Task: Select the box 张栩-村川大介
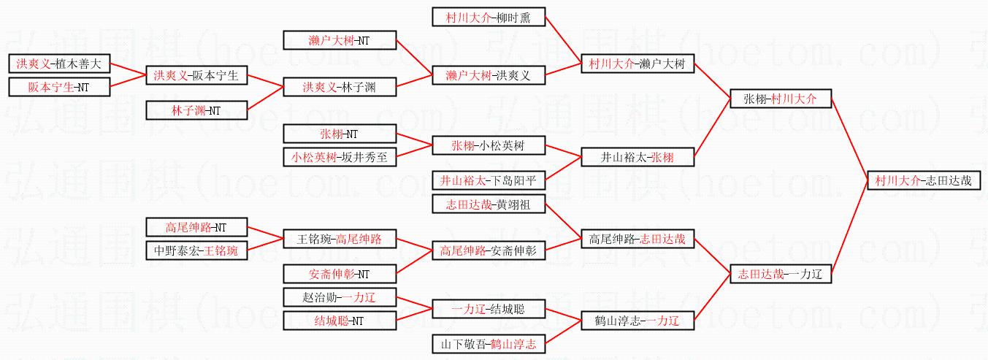tap(781, 99)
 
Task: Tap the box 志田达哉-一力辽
tap(781, 274)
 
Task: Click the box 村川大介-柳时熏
tap(489, 18)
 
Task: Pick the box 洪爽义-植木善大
tap(59, 64)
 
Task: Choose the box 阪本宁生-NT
tap(59, 88)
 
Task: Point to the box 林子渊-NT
tap(196, 111)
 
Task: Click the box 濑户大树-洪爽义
tap(489, 75)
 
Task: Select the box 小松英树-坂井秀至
tap(340, 157)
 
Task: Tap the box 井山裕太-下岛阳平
tap(489, 180)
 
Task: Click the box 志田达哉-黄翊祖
tap(489, 204)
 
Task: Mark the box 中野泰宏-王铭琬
tap(196, 250)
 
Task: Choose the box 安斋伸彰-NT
tap(340, 274)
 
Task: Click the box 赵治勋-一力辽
tap(340, 297)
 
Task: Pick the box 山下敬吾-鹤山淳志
tap(489, 344)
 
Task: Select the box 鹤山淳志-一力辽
tap(637, 321)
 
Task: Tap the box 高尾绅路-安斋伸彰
tap(489, 250)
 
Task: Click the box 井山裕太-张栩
tap(637, 157)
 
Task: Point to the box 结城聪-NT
tap(340, 321)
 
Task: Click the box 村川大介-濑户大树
tap(637, 64)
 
